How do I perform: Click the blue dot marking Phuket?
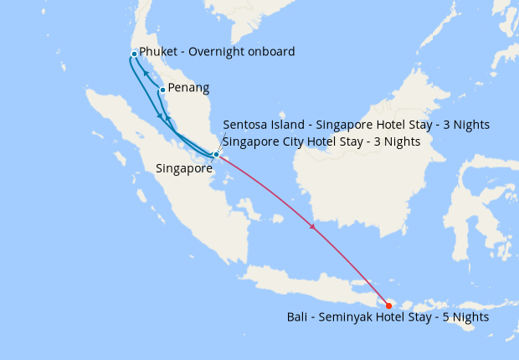click(x=134, y=54)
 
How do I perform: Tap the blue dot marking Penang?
click(x=162, y=90)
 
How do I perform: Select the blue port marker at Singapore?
click(x=216, y=154)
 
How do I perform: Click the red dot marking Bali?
click(x=388, y=305)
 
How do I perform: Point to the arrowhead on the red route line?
click(x=313, y=226)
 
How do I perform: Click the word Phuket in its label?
click(x=158, y=52)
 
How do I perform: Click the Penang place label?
click(x=188, y=88)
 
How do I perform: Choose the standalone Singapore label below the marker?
click(x=184, y=168)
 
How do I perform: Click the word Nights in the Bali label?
click(x=470, y=318)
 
